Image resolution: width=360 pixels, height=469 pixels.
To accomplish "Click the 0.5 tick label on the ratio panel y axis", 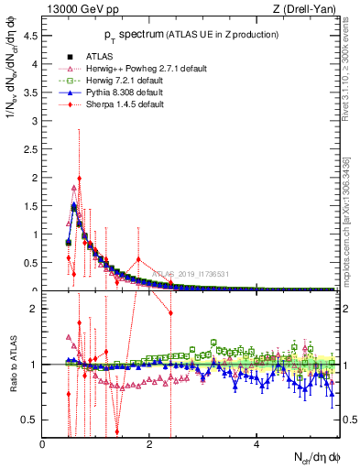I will [31, 420].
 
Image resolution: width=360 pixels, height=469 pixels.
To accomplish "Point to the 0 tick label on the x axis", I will [43, 443].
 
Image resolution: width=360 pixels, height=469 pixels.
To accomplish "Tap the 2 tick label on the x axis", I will [150, 443].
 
